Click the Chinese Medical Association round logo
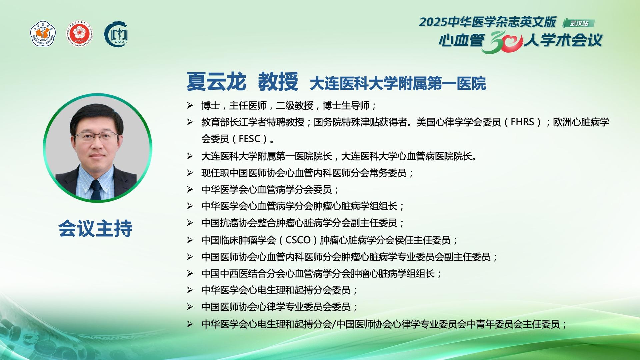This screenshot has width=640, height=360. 43,34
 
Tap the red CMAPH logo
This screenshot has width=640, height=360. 79,34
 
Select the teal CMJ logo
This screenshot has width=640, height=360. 116,34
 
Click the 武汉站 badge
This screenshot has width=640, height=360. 579,23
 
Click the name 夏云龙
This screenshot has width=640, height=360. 216,82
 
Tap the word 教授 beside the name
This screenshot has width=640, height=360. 278,82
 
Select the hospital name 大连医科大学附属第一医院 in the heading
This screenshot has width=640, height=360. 398,84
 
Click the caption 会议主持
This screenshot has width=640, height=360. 95,228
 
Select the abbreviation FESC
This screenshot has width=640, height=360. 250,139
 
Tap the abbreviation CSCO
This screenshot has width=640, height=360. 298,240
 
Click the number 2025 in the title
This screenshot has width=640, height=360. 433,22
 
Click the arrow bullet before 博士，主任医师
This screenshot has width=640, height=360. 190,106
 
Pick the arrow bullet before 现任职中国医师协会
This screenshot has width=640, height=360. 190,173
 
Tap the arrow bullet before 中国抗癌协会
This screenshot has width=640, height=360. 190,223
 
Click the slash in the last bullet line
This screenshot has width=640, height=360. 334,324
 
